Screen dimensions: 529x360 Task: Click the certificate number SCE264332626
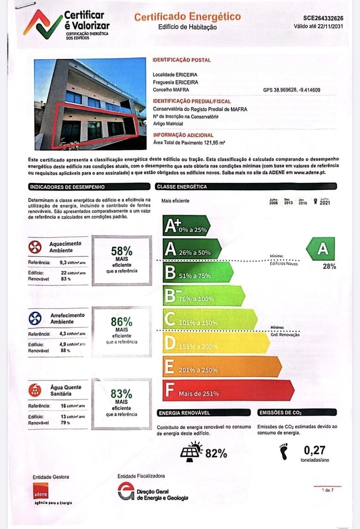tap(323, 18)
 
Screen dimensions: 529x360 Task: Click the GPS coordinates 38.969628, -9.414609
tap(292, 90)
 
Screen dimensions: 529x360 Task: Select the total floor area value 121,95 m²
tap(214, 143)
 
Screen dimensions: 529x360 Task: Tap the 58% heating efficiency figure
tap(122, 251)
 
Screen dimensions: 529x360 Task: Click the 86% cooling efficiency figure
tap(122, 322)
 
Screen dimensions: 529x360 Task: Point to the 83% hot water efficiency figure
tap(122, 394)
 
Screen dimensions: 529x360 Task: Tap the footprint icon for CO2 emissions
tap(284, 451)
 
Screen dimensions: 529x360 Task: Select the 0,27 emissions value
tap(314, 450)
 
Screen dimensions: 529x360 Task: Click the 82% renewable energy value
tap(216, 454)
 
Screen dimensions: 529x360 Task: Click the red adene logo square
tap(41, 491)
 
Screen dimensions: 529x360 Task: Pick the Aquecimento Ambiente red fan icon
tap(35, 247)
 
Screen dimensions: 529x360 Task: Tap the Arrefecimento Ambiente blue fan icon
tap(35, 319)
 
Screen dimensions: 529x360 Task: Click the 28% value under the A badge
tap(329, 266)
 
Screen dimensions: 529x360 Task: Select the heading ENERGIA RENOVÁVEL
tap(184, 413)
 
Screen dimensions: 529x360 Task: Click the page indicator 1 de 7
tap(327, 490)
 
